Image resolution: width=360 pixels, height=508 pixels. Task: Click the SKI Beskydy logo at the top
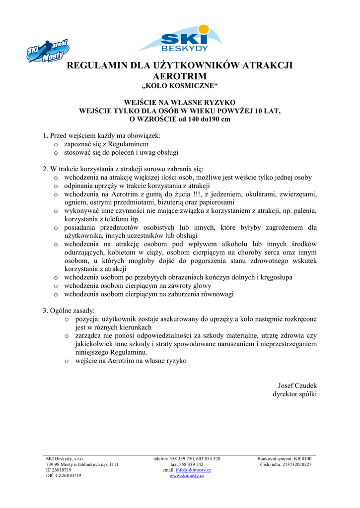tap(180, 39)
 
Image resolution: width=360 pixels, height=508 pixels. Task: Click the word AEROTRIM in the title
tap(180, 76)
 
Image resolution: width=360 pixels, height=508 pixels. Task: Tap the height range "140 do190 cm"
tap(204, 119)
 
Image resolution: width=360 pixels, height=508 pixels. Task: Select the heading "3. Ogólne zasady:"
tap(69, 311)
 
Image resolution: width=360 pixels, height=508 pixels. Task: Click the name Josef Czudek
tap(297, 385)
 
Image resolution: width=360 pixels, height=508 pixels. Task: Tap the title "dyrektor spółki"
tap(294, 394)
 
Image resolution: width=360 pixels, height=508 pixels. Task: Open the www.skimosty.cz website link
tap(187, 475)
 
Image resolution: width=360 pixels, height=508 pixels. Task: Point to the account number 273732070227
tap(293, 464)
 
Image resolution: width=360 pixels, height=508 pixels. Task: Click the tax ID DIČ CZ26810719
tap(64, 475)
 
